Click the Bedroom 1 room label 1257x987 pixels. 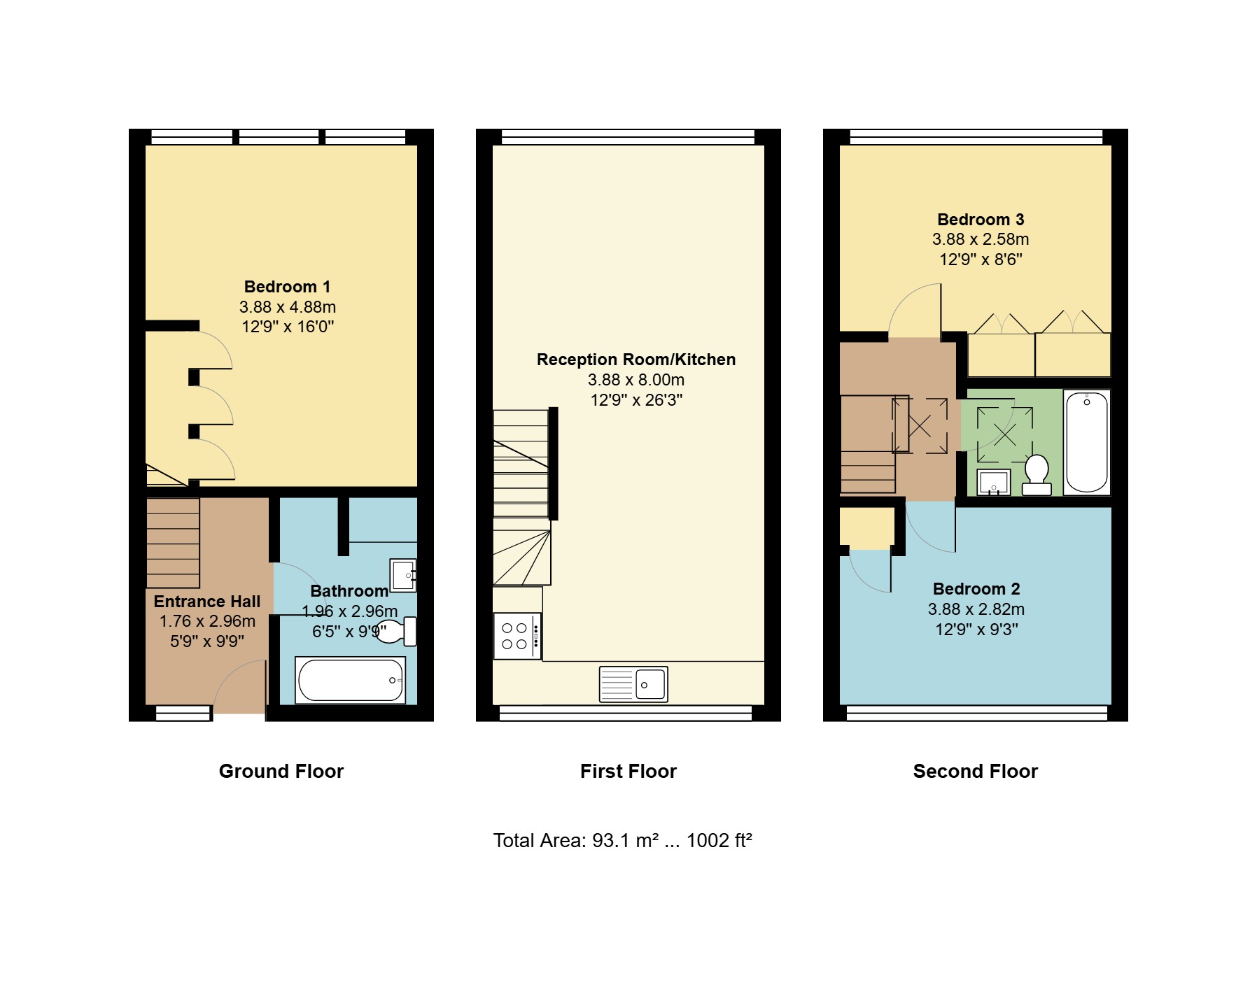[x=287, y=287]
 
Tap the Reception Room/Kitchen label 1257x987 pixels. [x=636, y=360]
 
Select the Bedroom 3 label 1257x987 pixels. [x=981, y=220]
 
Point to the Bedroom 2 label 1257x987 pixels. [x=976, y=589]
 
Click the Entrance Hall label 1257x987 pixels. [x=207, y=602]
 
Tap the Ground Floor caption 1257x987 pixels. [x=281, y=771]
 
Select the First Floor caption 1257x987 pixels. [x=628, y=771]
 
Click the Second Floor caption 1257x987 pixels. [x=976, y=771]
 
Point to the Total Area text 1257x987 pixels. [x=622, y=840]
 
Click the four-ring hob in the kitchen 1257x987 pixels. [x=517, y=636]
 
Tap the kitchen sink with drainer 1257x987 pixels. [x=633, y=683]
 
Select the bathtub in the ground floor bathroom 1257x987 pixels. [x=351, y=680]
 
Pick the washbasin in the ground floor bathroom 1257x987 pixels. [x=402, y=576]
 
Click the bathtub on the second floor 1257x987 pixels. [x=1087, y=442]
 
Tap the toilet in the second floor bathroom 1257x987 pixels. [x=1037, y=475]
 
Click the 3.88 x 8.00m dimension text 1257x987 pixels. [x=636, y=380]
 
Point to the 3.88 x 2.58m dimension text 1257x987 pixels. [x=981, y=239]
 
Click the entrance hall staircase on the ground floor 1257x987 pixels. [x=173, y=543]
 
